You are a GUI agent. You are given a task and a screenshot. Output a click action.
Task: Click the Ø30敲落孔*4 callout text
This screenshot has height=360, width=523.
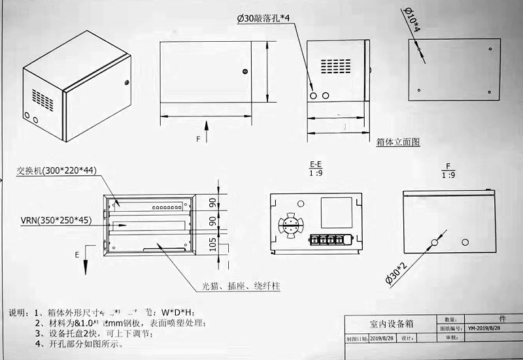(x=263, y=19)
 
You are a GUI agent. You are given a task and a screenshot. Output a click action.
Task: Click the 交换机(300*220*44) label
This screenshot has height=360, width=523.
(x=58, y=171)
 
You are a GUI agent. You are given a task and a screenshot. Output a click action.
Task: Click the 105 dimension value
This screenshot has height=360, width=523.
(x=212, y=244)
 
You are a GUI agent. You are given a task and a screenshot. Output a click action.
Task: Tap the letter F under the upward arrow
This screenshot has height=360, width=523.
(x=198, y=140)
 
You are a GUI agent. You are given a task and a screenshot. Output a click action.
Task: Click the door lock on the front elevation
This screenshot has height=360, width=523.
(x=244, y=71)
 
